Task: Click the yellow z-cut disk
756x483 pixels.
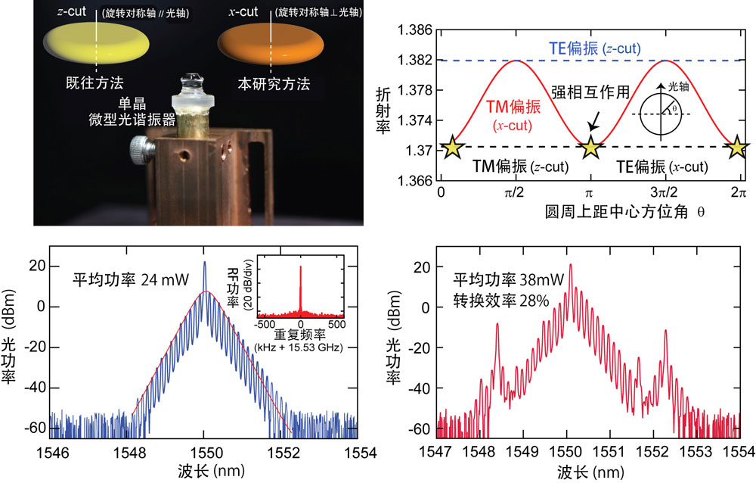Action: tap(96, 44)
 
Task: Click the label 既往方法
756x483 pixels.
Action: tap(95, 83)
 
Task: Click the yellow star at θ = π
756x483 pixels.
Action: tap(590, 148)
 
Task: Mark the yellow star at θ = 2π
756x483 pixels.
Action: tap(737, 148)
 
